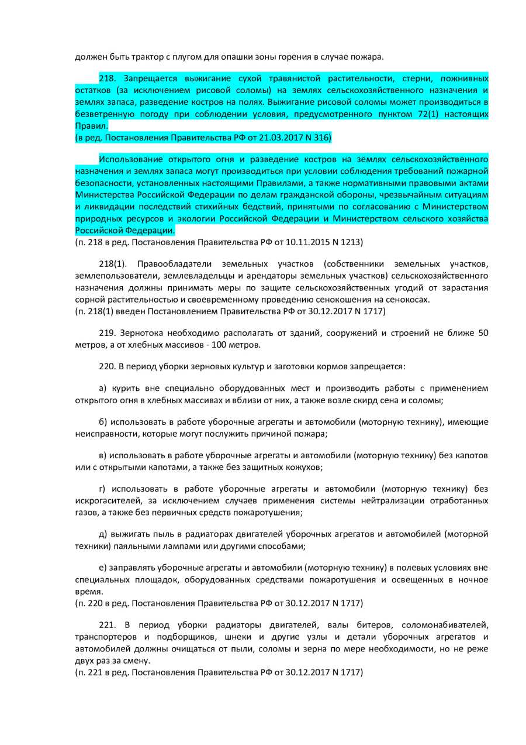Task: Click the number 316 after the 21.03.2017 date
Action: click(321, 138)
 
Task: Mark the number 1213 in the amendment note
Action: click(354, 242)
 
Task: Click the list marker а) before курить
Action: click(103, 389)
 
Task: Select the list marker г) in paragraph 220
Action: click(103, 489)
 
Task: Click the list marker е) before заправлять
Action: click(103, 568)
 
